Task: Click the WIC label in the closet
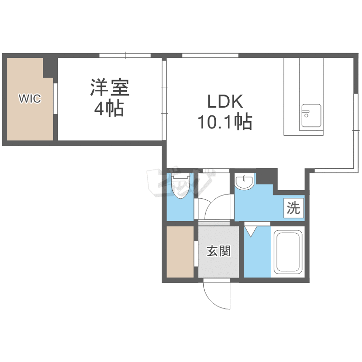click(x=29, y=99)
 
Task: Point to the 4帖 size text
click(x=109, y=109)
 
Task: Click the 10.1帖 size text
click(x=224, y=123)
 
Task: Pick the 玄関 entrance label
click(x=219, y=251)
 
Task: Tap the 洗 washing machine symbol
click(x=293, y=208)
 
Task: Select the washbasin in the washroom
click(x=245, y=182)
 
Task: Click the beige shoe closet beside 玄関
click(x=180, y=252)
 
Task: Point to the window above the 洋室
click(x=125, y=55)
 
